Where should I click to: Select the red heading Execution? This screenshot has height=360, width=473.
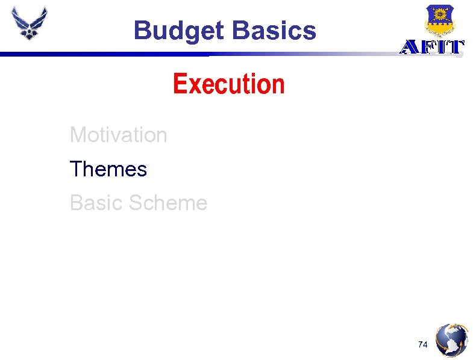(x=228, y=84)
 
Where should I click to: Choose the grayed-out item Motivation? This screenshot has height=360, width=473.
(x=118, y=135)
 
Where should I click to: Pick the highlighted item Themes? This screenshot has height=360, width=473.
(x=108, y=169)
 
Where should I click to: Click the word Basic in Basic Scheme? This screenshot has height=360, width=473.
(x=94, y=203)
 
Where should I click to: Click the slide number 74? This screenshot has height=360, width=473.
(x=424, y=344)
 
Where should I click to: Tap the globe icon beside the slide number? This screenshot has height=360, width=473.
(x=452, y=340)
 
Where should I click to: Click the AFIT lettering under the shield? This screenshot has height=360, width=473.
(x=432, y=47)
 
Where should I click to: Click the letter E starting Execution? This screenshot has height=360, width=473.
(x=179, y=84)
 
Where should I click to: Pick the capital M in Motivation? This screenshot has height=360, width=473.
(x=77, y=135)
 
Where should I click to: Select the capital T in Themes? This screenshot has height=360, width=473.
(x=76, y=169)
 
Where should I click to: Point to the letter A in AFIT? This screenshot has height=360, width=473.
(x=409, y=47)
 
